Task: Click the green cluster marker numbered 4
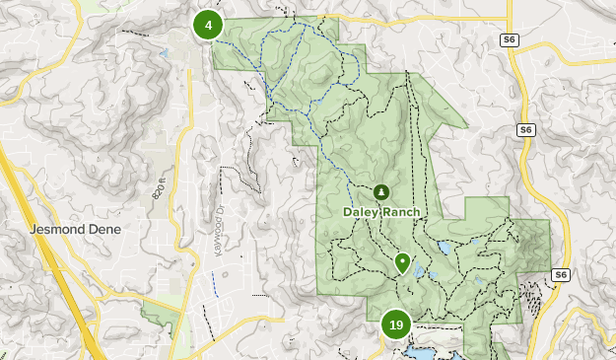(x=208, y=25)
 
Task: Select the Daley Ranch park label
(x=381, y=212)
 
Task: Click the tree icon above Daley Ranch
(x=381, y=192)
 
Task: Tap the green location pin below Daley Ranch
(x=402, y=262)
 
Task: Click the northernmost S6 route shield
(x=509, y=39)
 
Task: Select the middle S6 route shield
(x=526, y=129)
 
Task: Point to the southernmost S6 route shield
(x=561, y=275)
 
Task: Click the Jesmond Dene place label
(x=75, y=229)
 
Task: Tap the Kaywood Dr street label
(x=220, y=236)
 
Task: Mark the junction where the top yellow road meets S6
(x=509, y=20)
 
